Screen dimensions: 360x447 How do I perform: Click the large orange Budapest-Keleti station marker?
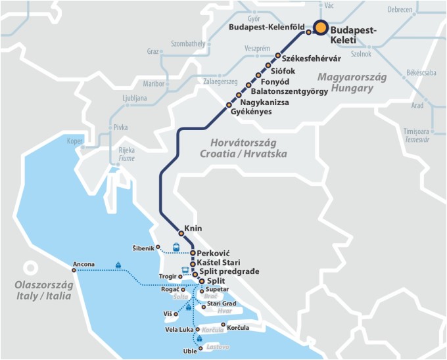(320, 28)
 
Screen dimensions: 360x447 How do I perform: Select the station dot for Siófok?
(268, 66)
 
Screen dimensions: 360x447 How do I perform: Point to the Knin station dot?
(180, 233)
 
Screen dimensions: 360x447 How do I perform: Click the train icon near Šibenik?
(176, 248)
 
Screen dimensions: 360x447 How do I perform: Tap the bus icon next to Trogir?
(185, 270)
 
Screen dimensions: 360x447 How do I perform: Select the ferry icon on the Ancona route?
(118, 266)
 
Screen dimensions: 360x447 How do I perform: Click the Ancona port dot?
(74, 269)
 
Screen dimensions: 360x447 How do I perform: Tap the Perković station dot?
(193, 253)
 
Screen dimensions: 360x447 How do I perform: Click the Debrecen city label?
(400, 10)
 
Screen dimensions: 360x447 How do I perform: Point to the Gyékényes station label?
(251, 112)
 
